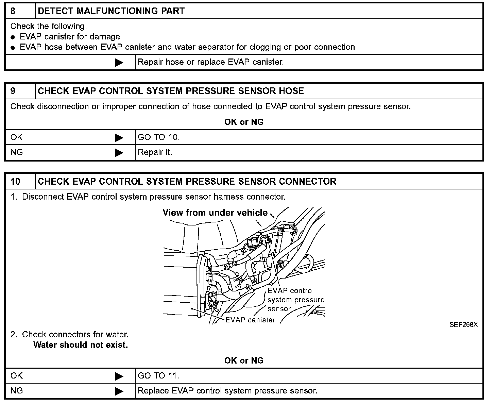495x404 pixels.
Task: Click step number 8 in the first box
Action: tap(13, 11)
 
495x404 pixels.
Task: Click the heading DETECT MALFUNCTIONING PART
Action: tap(111, 11)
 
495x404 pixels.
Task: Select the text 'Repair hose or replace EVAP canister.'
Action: tap(210, 62)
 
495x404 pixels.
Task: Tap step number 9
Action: tap(13, 91)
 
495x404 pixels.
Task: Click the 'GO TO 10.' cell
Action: tap(158, 137)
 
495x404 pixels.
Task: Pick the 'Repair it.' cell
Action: tap(155, 152)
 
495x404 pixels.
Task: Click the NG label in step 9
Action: tap(17, 152)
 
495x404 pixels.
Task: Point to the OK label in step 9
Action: tap(17, 137)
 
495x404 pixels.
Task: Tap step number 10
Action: tap(15, 181)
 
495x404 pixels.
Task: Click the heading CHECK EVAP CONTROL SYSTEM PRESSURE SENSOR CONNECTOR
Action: tap(187, 181)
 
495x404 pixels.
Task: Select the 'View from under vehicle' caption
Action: tap(215, 213)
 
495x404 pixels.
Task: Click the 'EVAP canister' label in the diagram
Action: tap(250, 320)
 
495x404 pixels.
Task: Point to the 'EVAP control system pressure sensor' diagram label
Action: tap(295, 300)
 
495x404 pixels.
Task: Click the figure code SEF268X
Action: tap(463, 324)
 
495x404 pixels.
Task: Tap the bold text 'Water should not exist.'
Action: tap(81, 345)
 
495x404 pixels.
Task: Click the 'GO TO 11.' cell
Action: tap(158, 376)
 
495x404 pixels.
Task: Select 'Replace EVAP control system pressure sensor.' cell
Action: tap(227, 391)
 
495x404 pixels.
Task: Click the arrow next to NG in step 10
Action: tap(119, 391)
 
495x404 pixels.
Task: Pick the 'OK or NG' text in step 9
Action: tap(244, 122)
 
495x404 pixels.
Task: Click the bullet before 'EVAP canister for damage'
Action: tap(13, 37)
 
